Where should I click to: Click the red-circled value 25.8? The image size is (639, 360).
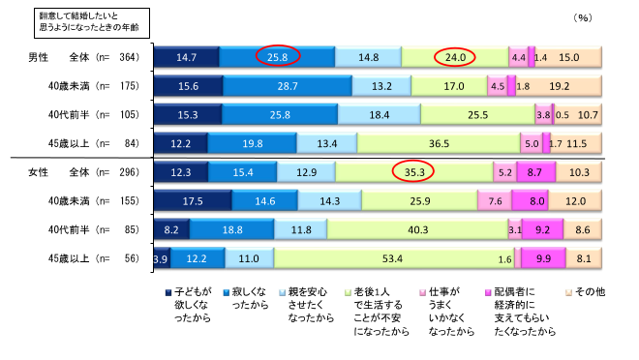point(277,57)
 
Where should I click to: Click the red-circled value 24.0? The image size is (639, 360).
point(455,57)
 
